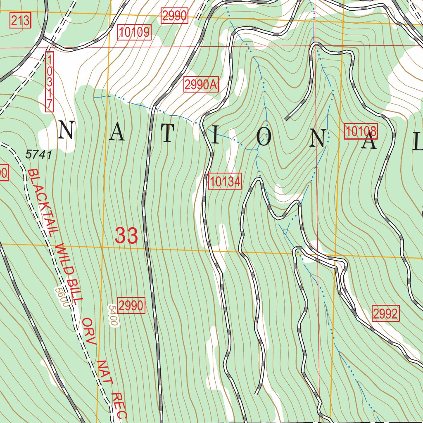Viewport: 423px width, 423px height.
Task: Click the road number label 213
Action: click(20, 20)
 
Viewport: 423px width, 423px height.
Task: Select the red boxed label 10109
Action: click(135, 32)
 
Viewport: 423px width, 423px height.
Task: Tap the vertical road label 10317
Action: click(49, 81)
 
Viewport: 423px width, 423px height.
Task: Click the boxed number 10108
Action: click(361, 131)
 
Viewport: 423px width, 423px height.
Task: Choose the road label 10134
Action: click(225, 181)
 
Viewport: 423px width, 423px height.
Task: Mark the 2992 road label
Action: click(386, 314)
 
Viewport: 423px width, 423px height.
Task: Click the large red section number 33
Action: click(126, 236)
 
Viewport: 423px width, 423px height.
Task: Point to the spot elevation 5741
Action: click(38, 155)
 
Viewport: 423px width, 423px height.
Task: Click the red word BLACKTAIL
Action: click(40, 203)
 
